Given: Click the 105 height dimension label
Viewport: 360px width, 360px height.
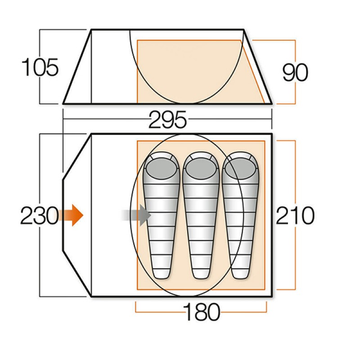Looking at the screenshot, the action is click(40, 67).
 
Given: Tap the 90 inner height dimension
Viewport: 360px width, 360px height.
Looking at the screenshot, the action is click(295, 72).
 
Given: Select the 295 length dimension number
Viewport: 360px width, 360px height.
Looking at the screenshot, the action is click(167, 120).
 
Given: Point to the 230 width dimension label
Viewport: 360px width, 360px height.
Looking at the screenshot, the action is click(40, 216).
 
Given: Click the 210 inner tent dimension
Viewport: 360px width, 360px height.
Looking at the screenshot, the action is click(295, 216).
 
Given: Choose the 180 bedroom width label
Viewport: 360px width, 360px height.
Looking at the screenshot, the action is click(202, 312).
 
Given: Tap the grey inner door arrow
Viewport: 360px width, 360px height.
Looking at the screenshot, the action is click(136, 216).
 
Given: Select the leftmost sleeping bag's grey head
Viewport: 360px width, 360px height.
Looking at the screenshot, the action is click(162, 168).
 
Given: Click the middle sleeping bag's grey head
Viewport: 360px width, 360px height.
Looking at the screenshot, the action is click(201, 168).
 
